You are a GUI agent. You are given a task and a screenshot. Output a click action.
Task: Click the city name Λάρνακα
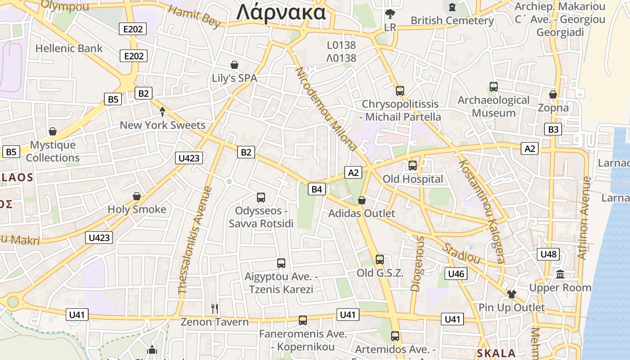(281, 12)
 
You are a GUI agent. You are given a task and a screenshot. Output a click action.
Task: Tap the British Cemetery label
(452, 21)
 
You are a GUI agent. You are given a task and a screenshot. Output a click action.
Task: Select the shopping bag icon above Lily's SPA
(234, 65)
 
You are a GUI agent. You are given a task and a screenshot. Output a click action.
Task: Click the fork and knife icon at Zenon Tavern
(215, 308)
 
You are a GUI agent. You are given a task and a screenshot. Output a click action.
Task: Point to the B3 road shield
(553, 130)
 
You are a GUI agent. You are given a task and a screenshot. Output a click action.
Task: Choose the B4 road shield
(317, 189)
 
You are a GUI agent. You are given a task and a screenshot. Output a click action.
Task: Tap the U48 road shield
(549, 254)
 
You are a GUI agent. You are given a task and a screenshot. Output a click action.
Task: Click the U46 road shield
(456, 274)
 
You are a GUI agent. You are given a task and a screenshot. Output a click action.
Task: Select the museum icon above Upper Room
(560, 274)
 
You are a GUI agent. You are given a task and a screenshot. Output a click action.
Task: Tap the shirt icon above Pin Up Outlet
(512, 294)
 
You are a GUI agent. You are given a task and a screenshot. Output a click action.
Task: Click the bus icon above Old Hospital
(413, 165)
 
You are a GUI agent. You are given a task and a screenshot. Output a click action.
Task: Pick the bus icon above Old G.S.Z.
(380, 259)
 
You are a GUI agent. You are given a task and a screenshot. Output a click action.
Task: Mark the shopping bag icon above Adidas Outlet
(362, 200)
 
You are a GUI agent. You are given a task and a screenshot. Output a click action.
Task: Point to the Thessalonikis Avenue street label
(195, 240)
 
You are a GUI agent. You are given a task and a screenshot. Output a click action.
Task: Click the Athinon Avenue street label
(584, 218)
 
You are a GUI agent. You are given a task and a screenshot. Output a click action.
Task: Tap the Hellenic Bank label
(69, 49)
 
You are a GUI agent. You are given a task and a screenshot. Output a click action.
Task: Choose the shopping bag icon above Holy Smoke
(137, 196)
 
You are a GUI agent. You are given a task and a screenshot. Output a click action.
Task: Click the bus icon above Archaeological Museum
(494, 86)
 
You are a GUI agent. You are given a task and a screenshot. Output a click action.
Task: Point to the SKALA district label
(496, 353)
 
